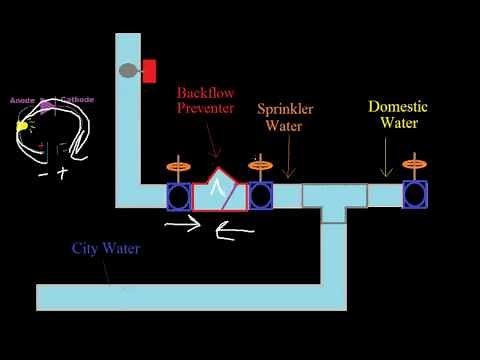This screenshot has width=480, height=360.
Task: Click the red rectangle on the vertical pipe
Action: coord(150,71)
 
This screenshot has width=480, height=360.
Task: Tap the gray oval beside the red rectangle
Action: coord(129,71)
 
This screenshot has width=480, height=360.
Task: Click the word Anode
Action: coord(21,99)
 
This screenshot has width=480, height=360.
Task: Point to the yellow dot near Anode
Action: coord(20,126)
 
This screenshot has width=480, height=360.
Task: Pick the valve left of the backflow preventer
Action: coord(179,195)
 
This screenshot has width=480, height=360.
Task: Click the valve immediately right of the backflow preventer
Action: coord(261,195)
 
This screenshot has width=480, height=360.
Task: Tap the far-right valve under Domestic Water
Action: coord(415,195)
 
